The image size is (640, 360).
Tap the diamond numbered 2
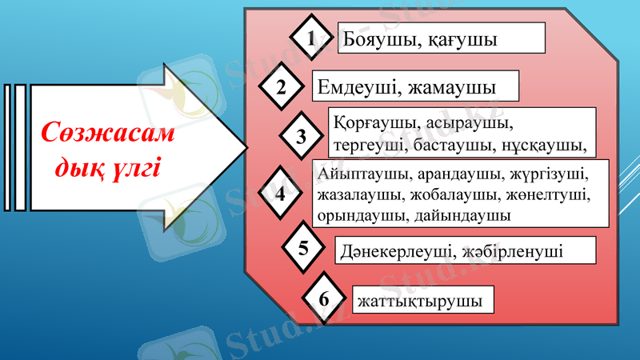tap(281, 87)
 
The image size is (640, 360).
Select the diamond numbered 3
tap(302, 136)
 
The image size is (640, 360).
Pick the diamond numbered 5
tap(303, 247)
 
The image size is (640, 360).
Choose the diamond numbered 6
tap(324, 299)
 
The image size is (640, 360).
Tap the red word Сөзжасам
tap(108, 133)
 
